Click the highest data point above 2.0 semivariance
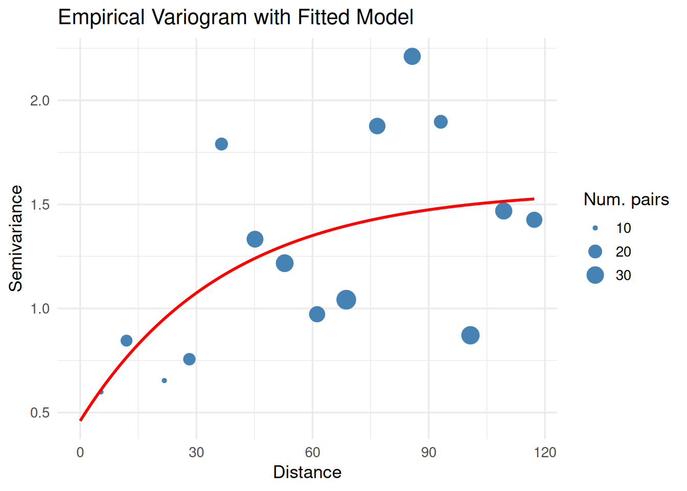[x=412, y=56]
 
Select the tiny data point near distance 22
[x=164, y=381]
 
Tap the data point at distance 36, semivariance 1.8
[x=221, y=144]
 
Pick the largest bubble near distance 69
[x=346, y=300]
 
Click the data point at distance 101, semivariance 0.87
[x=470, y=336]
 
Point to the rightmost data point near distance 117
[x=534, y=220]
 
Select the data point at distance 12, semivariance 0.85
[x=127, y=341]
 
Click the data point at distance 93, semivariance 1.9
[x=441, y=122]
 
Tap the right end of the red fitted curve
[x=534, y=199]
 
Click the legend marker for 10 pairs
[x=595, y=228]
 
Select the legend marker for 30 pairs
[x=595, y=275]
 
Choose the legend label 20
[x=623, y=252]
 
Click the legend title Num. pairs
[x=626, y=199]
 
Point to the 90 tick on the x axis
[x=429, y=452]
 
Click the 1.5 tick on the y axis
[x=40, y=205]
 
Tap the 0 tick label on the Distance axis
[x=80, y=452]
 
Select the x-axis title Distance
[x=307, y=472]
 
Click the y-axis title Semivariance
[x=16, y=238]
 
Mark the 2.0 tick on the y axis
[x=40, y=100]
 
